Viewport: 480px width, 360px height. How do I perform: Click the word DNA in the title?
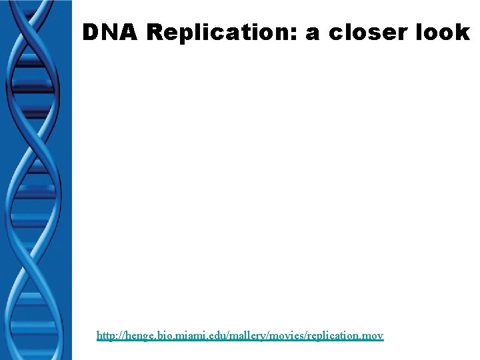click(109, 32)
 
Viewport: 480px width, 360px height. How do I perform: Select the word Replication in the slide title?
click(221, 32)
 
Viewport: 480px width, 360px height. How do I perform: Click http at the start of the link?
click(107, 336)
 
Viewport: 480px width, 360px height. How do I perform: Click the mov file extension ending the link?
click(374, 336)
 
